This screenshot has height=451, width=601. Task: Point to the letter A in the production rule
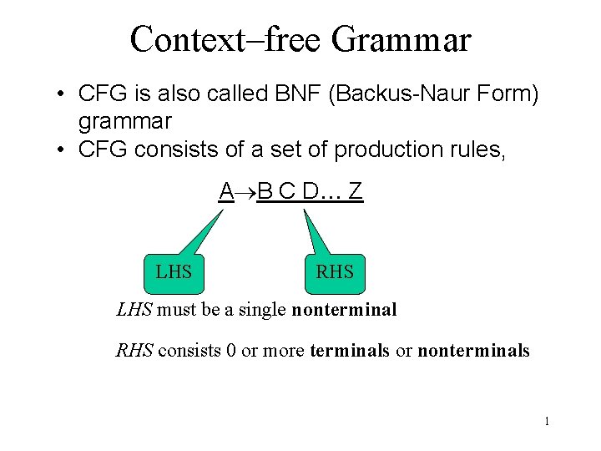(x=225, y=191)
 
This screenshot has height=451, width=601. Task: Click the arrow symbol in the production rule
(x=245, y=192)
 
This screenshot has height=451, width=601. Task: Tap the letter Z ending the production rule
(x=356, y=191)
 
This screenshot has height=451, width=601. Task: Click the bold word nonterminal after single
(x=344, y=311)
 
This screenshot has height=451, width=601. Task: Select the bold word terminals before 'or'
(x=349, y=351)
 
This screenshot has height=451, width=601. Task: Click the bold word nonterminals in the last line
(x=473, y=351)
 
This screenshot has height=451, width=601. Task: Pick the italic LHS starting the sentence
(x=134, y=311)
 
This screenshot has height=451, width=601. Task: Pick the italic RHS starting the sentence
(x=134, y=351)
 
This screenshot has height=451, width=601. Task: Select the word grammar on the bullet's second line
(x=124, y=122)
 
